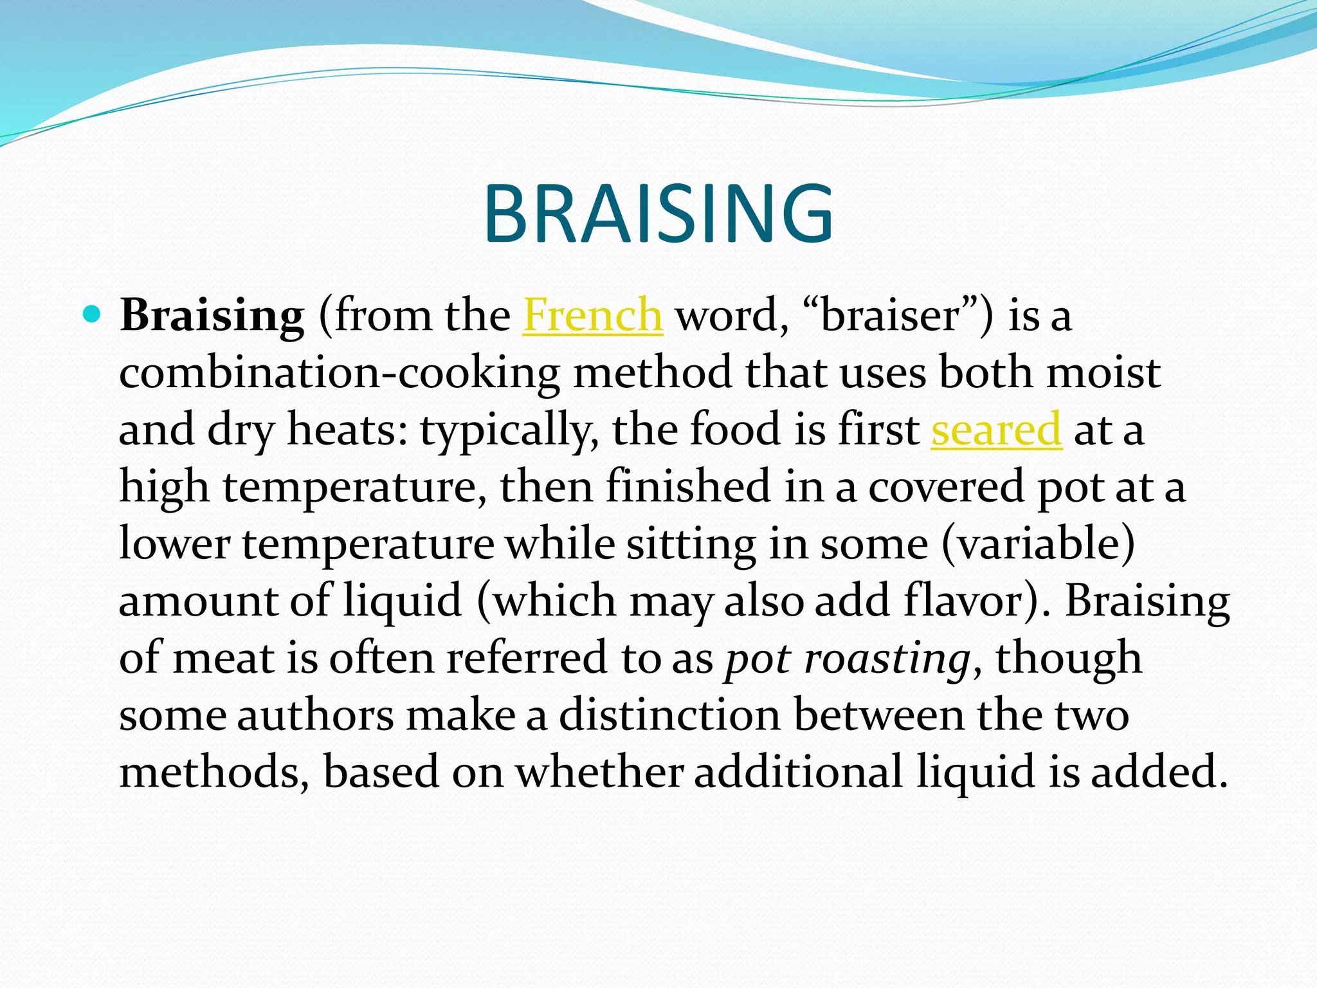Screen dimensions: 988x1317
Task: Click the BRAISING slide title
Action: pyautogui.click(x=658, y=214)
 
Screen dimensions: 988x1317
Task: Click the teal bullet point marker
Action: pyautogui.click(x=93, y=315)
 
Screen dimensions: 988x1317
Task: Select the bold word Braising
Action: pyautogui.click(x=212, y=316)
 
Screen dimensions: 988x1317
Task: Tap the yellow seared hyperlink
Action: pyautogui.click(x=996, y=430)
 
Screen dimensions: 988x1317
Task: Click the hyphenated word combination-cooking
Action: pyautogui.click(x=340, y=373)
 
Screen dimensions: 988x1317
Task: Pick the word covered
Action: pyautogui.click(x=946, y=486)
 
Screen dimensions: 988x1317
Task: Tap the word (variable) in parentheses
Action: pyautogui.click(x=1039, y=544)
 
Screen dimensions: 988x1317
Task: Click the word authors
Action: pyautogui.click(x=315, y=715)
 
